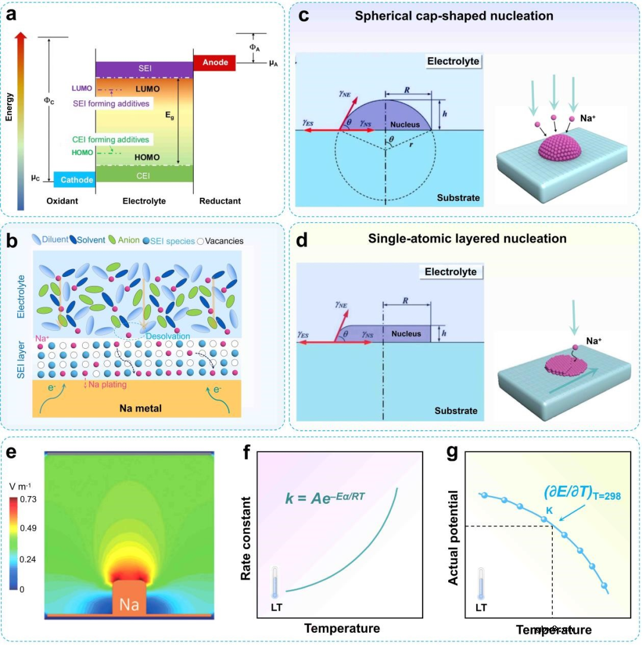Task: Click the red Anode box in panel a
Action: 215,62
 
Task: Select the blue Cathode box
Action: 74,179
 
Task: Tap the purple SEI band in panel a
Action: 144,69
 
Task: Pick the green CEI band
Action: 144,173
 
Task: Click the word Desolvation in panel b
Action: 169,336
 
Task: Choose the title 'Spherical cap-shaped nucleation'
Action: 454,16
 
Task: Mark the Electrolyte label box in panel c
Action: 453,61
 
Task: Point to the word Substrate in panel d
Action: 457,411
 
